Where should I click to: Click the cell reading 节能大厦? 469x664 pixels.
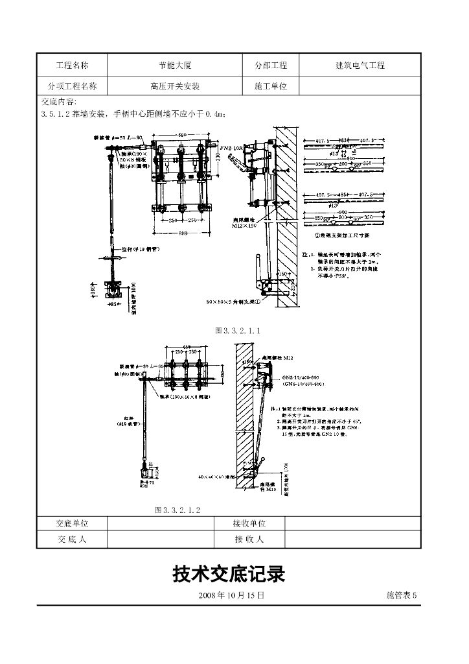(x=175, y=65)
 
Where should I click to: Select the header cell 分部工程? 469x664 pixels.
(x=271, y=65)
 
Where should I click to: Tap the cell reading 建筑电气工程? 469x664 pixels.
(x=360, y=65)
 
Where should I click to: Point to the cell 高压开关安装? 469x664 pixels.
(x=175, y=86)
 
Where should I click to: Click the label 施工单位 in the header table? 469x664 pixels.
(x=271, y=86)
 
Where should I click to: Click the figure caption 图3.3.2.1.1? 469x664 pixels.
(x=238, y=331)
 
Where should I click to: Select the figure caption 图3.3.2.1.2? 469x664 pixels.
(x=177, y=510)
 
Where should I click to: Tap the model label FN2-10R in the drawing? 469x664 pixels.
(x=231, y=148)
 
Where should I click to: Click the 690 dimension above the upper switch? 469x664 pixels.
(x=183, y=134)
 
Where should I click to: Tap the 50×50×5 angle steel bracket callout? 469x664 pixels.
(x=232, y=302)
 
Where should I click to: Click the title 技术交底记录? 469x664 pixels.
(x=229, y=574)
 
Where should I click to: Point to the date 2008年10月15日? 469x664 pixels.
(x=231, y=595)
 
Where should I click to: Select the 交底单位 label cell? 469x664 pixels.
(x=72, y=523)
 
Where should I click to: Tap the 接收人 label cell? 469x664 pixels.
(x=249, y=539)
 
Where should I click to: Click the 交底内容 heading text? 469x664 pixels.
(x=59, y=102)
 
